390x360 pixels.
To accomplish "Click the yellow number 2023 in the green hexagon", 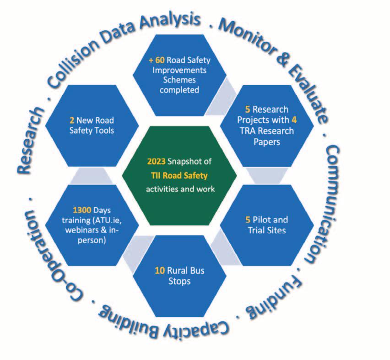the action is pyautogui.click(x=156, y=162).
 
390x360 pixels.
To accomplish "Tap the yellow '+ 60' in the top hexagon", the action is pyautogui.click(x=157, y=60).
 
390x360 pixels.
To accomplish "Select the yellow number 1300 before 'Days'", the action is pyautogui.click(x=82, y=210).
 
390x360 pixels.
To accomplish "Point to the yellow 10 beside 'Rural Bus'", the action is pyautogui.click(x=160, y=270).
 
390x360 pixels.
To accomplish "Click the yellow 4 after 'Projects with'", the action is pyautogui.click(x=294, y=120).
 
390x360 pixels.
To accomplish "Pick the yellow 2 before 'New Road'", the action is pyautogui.click(x=72, y=120).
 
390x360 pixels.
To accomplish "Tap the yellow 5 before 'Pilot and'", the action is pyautogui.click(x=248, y=220).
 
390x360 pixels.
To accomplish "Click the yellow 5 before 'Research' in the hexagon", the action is pyautogui.click(x=248, y=109).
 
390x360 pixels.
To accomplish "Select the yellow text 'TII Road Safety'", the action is pyautogui.click(x=179, y=175).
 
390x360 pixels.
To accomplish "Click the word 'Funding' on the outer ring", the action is pyautogui.click(x=274, y=298).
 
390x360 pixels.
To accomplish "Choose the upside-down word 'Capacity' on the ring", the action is pyautogui.click(x=196, y=328).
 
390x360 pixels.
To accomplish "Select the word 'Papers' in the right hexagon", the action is pyautogui.click(x=267, y=142).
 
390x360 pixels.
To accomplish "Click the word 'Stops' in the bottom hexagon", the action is pyautogui.click(x=179, y=281).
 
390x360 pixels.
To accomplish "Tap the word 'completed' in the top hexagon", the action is pyautogui.click(x=179, y=90).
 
